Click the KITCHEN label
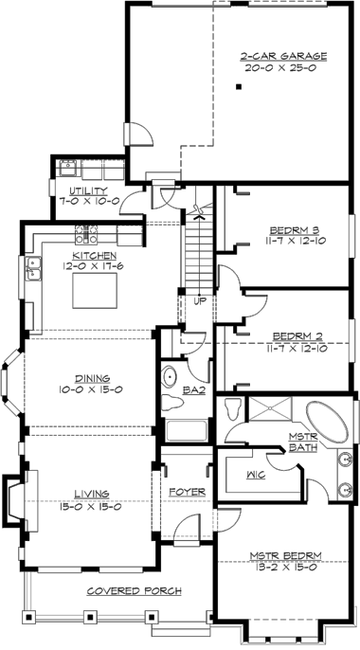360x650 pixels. point(94,255)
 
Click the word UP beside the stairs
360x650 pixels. point(199,300)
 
